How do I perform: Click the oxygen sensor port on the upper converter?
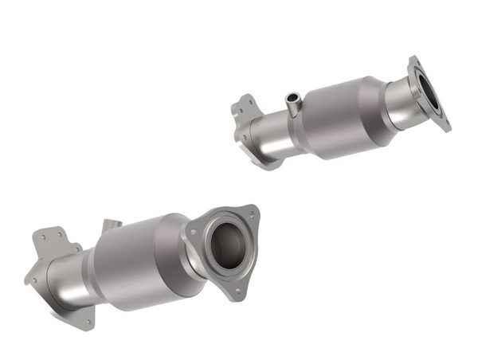[292, 104]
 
